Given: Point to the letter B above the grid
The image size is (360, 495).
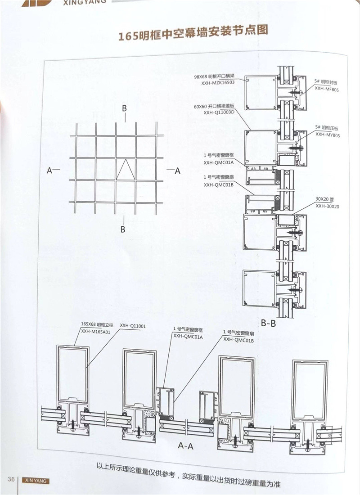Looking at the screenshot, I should pyautogui.click(x=125, y=108).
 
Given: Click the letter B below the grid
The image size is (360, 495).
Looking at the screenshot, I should pyautogui.click(x=123, y=229).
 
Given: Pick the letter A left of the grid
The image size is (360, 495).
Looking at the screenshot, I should pyautogui.click(x=49, y=171).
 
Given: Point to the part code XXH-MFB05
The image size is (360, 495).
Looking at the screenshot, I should pyautogui.click(x=327, y=89).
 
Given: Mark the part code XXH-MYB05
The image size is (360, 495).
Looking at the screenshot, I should pyautogui.click(x=327, y=134).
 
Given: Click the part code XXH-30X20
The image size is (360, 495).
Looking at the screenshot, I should pyautogui.click(x=327, y=206).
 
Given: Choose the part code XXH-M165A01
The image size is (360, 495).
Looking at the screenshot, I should pyautogui.click(x=96, y=331).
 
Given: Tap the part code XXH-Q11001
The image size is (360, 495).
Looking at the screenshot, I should pyautogui.click(x=133, y=324).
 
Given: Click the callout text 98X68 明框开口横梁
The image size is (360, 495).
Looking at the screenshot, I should pyautogui.click(x=214, y=76).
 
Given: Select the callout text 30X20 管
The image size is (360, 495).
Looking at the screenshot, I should pyautogui.click(x=325, y=199).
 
